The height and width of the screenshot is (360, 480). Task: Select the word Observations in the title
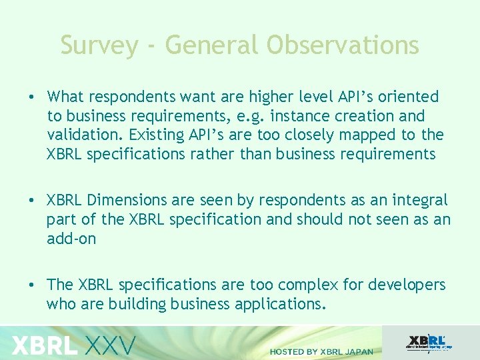pyautogui.click(x=343, y=45)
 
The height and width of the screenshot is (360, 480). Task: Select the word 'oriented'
pyautogui.click(x=407, y=97)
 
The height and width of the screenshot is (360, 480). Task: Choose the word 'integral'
pyautogui.click(x=422, y=200)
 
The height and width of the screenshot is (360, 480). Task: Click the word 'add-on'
pyautogui.click(x=71, y=238)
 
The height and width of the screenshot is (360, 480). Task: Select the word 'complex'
pyautogui.click(x=307, y=285)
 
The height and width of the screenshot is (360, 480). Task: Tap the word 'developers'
pyautogui.click(x=404, y=285)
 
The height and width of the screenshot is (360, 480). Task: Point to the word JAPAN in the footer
pyautogui.click(x=358, y=351)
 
